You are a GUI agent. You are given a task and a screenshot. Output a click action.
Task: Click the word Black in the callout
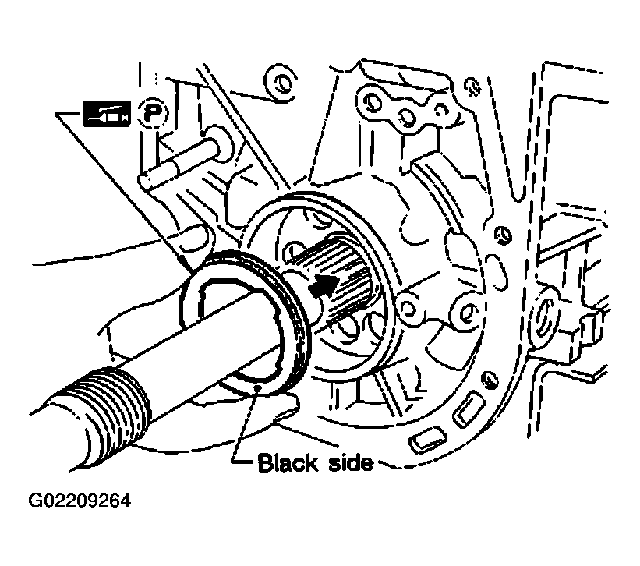(x=288, y=463)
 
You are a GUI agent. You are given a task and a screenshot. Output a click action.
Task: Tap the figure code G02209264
(x=80, y=501)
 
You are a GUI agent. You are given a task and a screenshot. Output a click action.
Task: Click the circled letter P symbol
(x=152, y=112)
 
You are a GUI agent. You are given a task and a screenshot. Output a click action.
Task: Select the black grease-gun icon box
(x=107, y=113)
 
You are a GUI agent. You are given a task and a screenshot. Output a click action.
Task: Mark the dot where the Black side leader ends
(x=257, y=387)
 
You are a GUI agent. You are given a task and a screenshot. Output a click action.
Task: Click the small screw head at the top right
(x=472, y=86)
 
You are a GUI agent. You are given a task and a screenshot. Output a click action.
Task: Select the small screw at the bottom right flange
(x=490, y=380)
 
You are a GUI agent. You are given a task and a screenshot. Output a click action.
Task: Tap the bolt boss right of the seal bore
(x=464, y=313)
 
